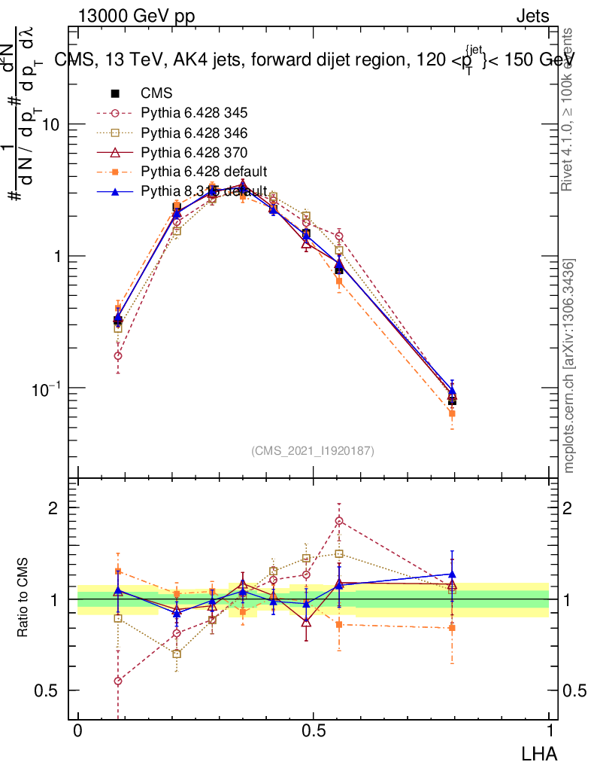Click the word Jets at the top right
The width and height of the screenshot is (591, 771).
[532, 17]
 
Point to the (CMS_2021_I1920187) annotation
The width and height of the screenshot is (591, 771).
[313, 450]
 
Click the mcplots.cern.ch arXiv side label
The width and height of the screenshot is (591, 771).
[569, 366]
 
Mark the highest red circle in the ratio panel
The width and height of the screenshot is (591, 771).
[339, 521]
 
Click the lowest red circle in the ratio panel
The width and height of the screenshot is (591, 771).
[118, 681]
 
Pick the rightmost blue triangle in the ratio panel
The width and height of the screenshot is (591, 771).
[452, 574]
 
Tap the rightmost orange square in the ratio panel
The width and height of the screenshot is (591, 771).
[452, 627]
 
